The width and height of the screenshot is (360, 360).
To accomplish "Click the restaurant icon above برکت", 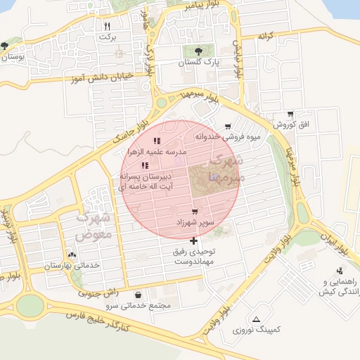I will (x=107, y=25).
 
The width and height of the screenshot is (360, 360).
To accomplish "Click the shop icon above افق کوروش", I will (x=290, y=114).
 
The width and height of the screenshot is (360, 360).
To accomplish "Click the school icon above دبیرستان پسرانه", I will (x=145, y=165).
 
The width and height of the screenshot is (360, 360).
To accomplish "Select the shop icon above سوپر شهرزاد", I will (x=194, y=211).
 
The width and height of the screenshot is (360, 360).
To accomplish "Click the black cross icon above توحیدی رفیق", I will (x=194, y=240).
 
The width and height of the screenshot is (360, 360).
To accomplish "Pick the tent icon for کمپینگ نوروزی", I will (x=255, y=319).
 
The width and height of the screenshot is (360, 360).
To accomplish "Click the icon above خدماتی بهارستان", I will (x=72, y=255).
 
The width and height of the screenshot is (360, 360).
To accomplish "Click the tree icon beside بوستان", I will (x=5, y=45).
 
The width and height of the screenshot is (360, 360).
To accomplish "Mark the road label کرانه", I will (x=265, y=35).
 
